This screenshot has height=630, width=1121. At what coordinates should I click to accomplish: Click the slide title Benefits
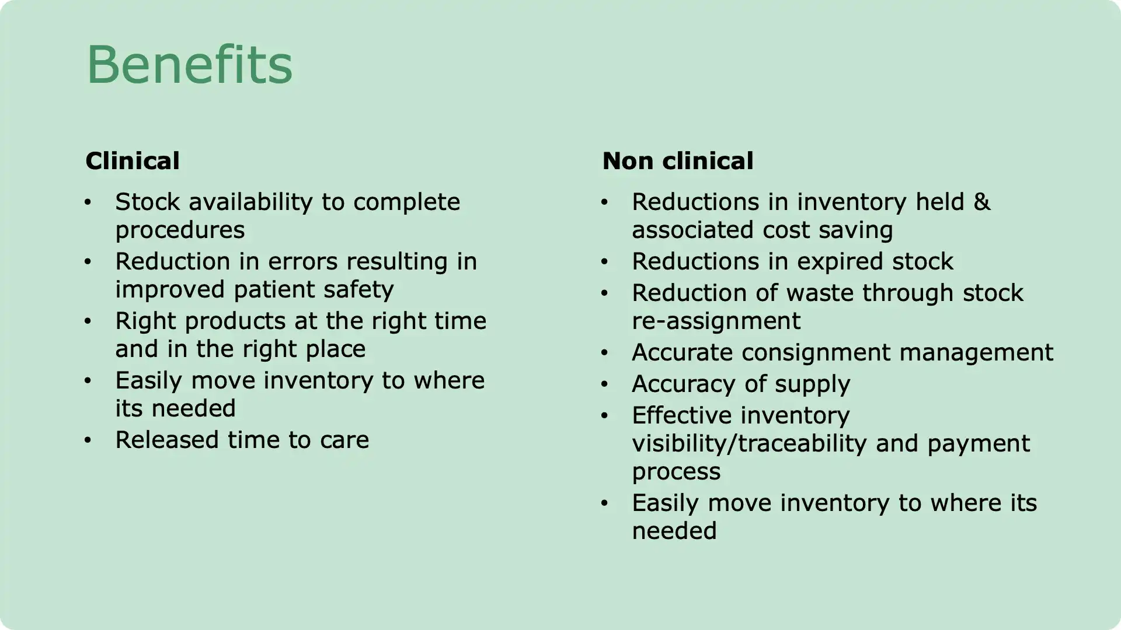coord(189,65)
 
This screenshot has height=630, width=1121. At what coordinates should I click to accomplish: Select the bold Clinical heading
coord(133,161)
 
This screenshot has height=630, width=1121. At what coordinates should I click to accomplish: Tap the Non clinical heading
coord(677,161)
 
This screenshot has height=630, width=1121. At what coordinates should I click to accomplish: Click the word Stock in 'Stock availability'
coord(148,202)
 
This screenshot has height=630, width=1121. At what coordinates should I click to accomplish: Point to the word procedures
coord(180,230)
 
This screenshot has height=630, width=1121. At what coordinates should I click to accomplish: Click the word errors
coord(303,261)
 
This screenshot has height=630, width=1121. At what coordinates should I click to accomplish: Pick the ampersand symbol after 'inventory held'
coord(982,202)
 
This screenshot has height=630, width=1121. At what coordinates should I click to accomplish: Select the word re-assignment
coord(716,321)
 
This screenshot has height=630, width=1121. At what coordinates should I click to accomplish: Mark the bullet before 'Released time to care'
coord(88,440)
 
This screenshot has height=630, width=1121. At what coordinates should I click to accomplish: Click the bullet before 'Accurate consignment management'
coord(604,352)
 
